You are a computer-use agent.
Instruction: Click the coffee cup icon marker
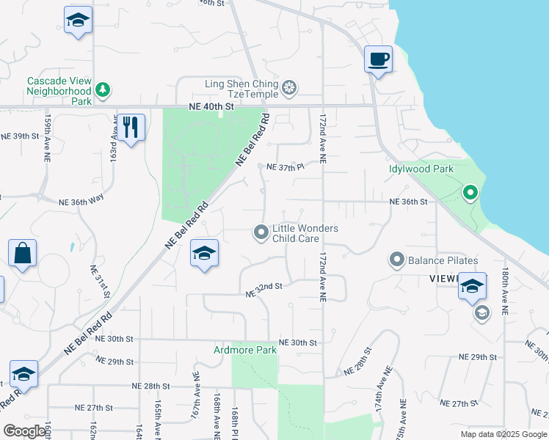pos(378,59)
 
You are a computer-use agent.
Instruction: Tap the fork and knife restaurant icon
pos(131,128)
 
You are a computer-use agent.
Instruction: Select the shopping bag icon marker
pos(23,253)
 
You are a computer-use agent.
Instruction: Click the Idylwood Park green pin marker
pos(470,193)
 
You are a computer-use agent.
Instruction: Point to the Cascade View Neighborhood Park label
pos(59,91)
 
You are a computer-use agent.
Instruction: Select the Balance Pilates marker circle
pos(397,260)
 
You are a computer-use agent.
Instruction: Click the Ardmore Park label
pos(245,350)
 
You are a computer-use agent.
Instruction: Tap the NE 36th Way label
pos(83,202)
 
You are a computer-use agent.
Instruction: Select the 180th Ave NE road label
pos(505,290)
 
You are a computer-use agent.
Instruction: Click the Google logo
pos(26,431)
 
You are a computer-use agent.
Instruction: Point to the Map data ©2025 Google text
pos(503,434)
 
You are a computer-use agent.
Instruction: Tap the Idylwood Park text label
pos(421,169)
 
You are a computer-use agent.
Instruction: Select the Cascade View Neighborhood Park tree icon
pos(104,90)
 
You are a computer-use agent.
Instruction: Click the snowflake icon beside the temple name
pos(290,89)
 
